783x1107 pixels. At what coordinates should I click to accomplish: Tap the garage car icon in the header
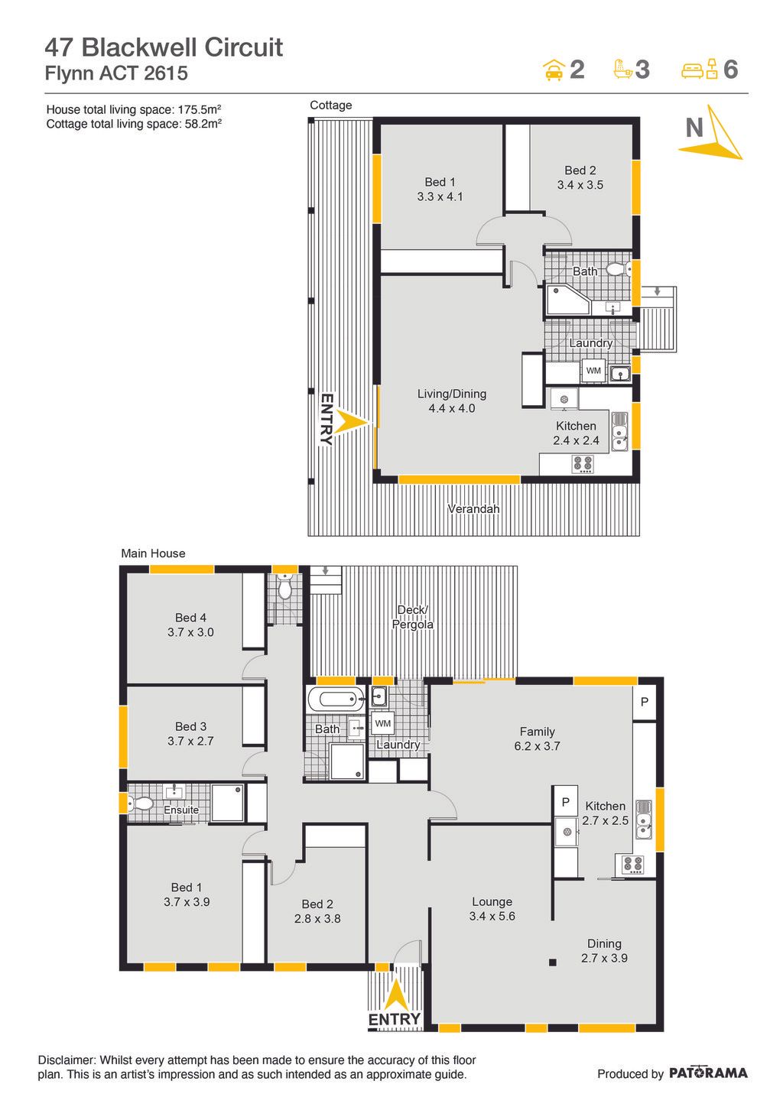[554, 70]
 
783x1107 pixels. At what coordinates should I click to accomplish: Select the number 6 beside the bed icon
[730, 70]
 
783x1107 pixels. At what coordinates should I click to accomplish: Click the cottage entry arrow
[352, 423]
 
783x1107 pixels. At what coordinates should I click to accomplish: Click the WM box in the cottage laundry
[593, 371]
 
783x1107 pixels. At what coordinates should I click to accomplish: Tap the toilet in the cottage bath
[619, 269]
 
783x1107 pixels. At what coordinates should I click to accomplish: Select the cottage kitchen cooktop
[583, 465]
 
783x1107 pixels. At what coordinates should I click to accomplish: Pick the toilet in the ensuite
[141, 803]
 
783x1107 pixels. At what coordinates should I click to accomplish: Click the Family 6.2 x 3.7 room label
[538, 739]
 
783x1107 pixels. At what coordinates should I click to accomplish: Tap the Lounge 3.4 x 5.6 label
[492, 909]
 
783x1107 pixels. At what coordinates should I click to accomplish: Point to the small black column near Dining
[553, 963]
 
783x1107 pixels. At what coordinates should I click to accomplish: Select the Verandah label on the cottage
[473, 508]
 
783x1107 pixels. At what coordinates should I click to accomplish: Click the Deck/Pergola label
[412, 617]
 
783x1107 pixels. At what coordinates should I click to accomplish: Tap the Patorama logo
[708, 1073]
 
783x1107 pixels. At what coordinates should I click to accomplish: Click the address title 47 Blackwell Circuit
[164, 47]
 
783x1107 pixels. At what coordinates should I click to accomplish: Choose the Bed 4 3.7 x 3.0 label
[190, 625]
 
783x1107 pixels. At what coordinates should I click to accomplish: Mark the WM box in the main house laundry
[382, 723]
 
